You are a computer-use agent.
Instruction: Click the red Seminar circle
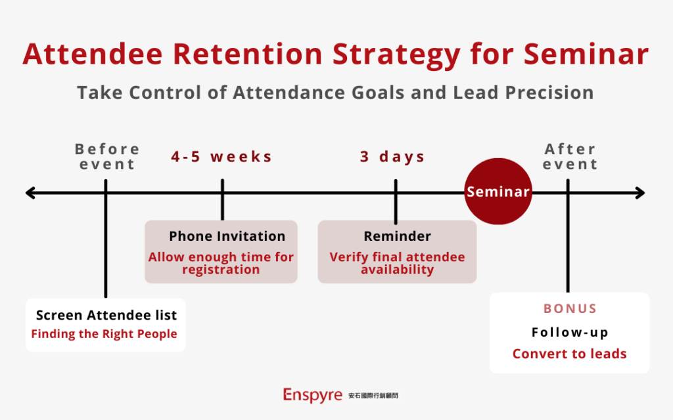[498, 192]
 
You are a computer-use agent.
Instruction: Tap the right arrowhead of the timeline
[640, 193]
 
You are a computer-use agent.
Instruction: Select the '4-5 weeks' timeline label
[221, 157]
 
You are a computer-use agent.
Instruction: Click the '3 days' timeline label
[392, 157]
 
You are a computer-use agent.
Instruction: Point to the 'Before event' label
[106, 157]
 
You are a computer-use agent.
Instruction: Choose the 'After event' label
[570, 157]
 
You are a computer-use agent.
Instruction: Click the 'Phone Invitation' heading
[227, 236]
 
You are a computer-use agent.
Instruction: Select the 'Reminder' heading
[397, 236]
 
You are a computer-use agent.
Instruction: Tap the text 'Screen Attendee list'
[106, 315]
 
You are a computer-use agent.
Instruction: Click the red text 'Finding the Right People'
[104, 334]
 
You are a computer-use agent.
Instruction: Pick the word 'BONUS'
[570, 308]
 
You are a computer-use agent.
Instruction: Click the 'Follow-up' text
[570, 332]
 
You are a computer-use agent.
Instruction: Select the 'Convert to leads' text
[570, 354]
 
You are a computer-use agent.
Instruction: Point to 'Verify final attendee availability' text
[397, 263]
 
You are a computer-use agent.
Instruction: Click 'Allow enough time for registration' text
[221, 263]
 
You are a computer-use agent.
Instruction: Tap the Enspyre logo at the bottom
[312, 395]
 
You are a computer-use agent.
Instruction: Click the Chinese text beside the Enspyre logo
[373, 396]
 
